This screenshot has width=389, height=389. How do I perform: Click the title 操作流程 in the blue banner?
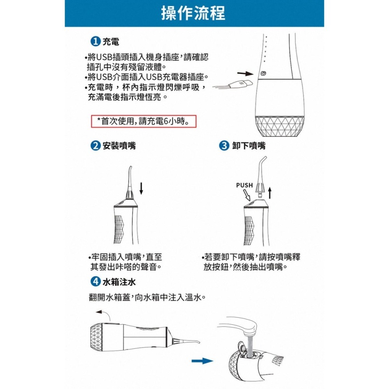point(193,13)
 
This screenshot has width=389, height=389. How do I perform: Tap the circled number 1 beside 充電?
point(95,41)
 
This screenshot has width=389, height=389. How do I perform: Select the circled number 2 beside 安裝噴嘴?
point(95,146)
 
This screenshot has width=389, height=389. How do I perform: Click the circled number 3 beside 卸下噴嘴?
point(224,146)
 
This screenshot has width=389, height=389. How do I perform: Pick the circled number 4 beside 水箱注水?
point(95,281)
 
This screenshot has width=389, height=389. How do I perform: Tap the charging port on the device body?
point(263,73)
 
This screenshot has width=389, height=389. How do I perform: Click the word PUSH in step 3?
point(244,185)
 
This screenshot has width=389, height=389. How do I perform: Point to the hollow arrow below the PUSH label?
point(248,196)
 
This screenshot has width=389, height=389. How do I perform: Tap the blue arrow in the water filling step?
point(202,361)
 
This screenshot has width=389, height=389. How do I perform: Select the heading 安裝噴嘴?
point(119,146)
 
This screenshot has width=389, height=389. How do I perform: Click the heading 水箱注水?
point(119,281)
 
